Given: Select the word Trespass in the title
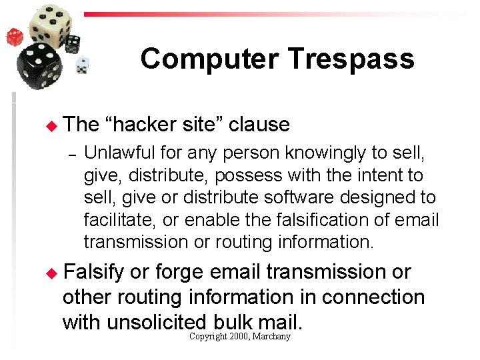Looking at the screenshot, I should point(351,59).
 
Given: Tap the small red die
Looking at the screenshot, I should point(14,37).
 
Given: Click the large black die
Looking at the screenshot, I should point(39,66).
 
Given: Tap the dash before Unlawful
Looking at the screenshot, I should point(75,154).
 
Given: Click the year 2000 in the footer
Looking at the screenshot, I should point(239,337).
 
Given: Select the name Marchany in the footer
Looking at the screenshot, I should point(273,337).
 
